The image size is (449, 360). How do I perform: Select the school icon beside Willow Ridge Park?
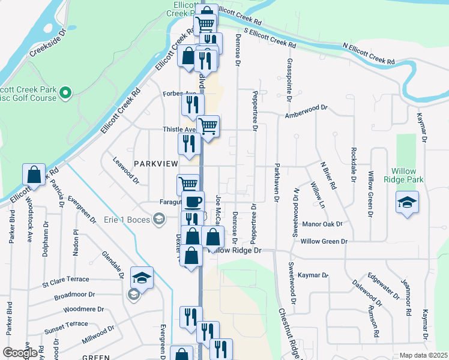click(407, 202)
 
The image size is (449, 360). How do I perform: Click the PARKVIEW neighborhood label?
click(157, 163)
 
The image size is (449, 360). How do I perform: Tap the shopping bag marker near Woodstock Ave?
click(34, 175)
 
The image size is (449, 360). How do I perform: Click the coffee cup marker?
click(193, 202)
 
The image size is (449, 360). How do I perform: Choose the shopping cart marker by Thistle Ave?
click(208, 127)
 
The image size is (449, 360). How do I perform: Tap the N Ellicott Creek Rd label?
click(369, 53)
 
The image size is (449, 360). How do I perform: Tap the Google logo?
click(20, 352)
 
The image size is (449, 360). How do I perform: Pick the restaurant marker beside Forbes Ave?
click(191, 105)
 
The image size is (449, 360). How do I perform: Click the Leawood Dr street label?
click(127, 170)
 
